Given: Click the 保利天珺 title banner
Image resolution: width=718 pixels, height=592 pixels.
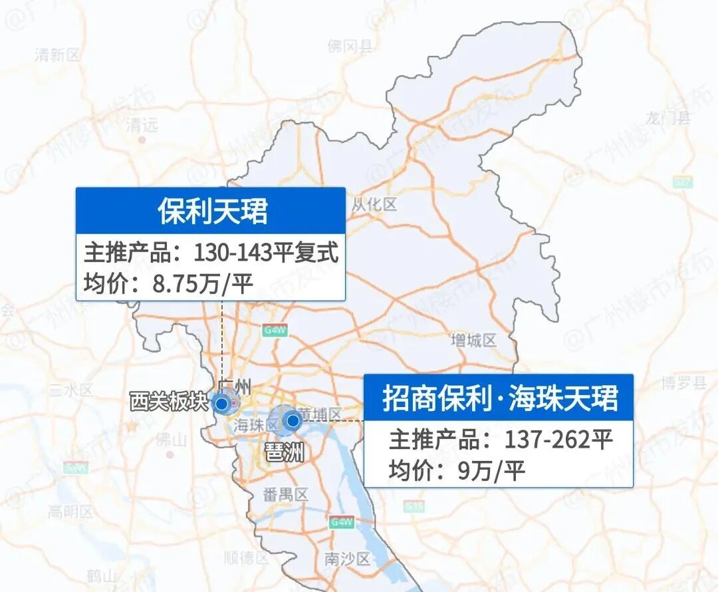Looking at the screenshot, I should (x=211, y=211).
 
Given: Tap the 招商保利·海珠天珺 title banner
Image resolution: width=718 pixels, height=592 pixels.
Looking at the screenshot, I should (x=499, y=398).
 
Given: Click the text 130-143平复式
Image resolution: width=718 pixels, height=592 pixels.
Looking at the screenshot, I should (x=266, y=253).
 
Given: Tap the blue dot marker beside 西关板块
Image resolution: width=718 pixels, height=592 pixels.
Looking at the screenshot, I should (x=222, y=403).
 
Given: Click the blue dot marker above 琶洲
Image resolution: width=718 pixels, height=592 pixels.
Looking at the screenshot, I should (x=291, y=420).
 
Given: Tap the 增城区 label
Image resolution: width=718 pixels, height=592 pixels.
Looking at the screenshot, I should (x=473, y=341).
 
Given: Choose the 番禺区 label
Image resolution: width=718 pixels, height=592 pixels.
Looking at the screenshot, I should (x=286, y=495).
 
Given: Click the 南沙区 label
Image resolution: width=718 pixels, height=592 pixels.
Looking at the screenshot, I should (x=347, y=559).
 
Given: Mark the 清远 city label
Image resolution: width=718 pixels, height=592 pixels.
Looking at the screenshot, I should (x=142, y=124).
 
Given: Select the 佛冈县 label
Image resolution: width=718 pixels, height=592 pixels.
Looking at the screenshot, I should (x=350, y=46).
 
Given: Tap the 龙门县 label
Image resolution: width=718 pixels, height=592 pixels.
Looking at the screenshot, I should (x=667, y=119).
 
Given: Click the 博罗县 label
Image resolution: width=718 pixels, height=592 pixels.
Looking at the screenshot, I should (x=683, y=383).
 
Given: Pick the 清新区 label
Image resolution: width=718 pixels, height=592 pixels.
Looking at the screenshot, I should (x=57, y=55).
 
